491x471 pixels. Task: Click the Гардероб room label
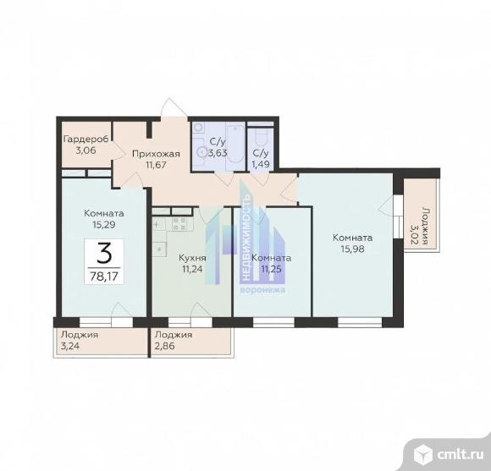[x=86, y=139]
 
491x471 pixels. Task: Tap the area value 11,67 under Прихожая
[x=156, y=165]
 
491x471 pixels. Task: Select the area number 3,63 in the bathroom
[x=218, y=153]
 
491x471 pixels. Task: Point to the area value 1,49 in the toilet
[x=261, y=164]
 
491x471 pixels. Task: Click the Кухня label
[x=192, y=258]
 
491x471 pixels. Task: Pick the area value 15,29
[x=104, y=225]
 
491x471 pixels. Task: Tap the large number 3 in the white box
[x=104, y=254]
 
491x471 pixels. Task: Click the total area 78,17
[x=104, y=277]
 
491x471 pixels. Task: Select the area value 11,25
[x=272, y=269]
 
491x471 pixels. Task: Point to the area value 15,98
[x=353, y=249]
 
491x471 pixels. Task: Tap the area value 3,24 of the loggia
[x=70, y=346]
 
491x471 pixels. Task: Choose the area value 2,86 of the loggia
[x=165, y=346]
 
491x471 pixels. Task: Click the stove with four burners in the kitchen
[x=179, y=223]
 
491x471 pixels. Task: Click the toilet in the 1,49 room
[x=261, y=137]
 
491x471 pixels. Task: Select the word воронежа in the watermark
[x=262, y=290]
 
